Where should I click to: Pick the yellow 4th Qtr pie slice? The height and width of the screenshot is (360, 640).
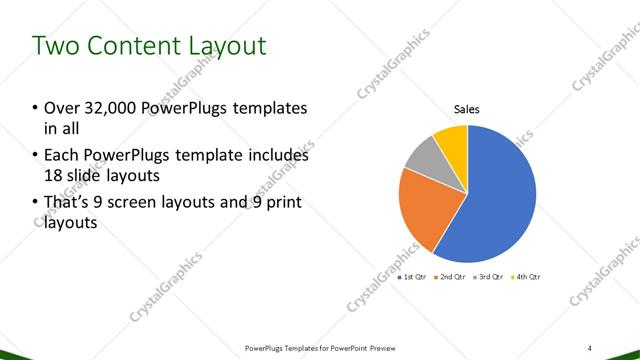(x=452, y=138)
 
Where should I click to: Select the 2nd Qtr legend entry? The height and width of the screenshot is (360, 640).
(x=452, y=276)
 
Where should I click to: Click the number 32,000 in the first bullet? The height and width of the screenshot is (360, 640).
(x=106, y=108)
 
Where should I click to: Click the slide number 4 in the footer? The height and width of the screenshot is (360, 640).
(x=590, y=347)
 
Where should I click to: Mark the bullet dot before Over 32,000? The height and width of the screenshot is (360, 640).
(x=35, y=108)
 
